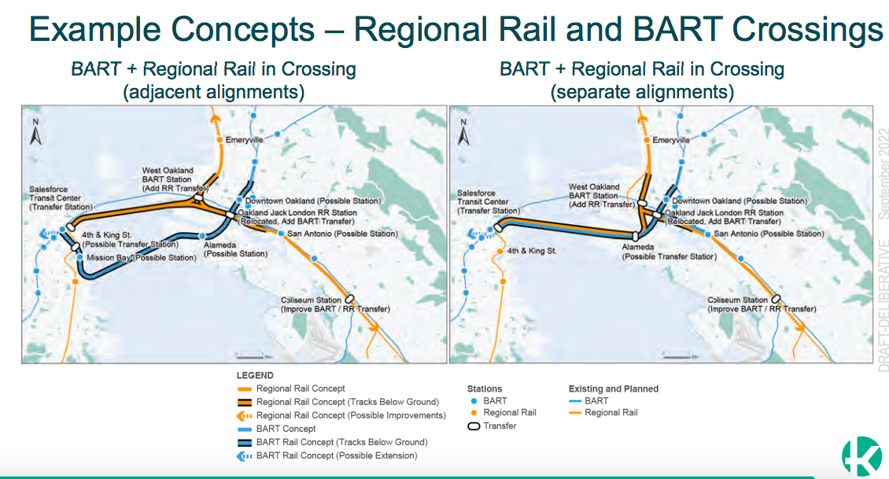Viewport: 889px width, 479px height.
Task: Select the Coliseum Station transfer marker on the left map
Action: (x=349, y=300)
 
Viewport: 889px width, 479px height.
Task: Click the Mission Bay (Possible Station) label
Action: (x=141, y=257)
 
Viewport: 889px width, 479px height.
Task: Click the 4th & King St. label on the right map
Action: (x=532, y=251)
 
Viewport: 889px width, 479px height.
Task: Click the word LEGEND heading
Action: (x=255, y=376)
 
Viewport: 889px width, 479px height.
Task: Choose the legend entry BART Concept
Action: (x=286, y=429)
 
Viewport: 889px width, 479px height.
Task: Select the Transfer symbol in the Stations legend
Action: (x=474, y=426)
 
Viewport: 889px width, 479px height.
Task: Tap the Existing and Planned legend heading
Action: (x=613, y=389)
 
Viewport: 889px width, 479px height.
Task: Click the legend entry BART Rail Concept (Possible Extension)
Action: (x=336, y=455)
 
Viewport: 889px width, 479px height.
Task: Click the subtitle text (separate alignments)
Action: (x=642, y=91)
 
